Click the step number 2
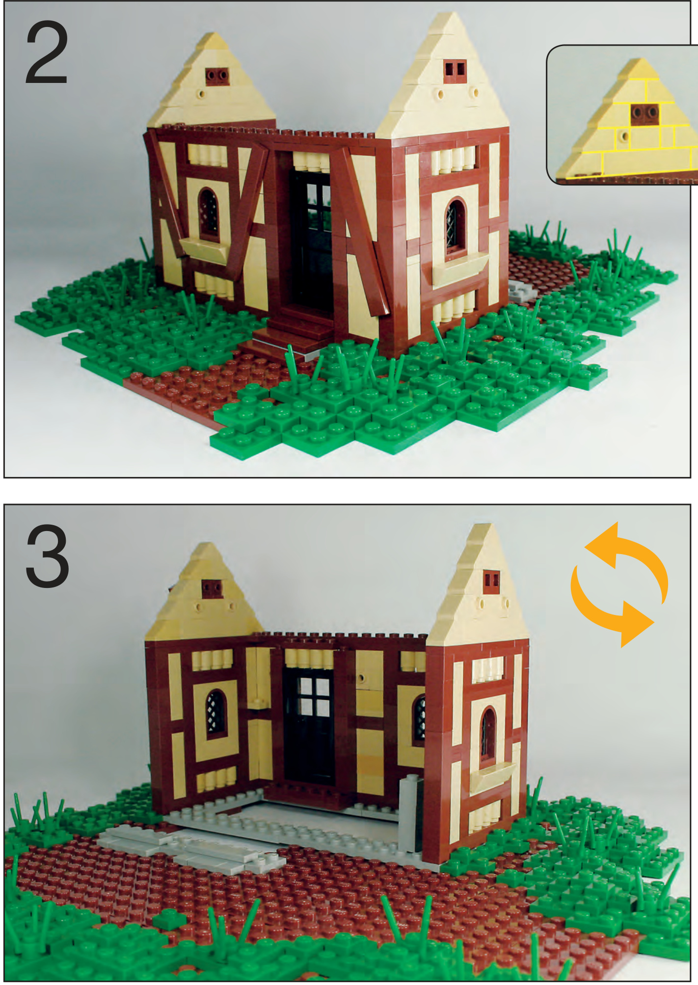[x=46, y=53]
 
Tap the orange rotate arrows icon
[x=619, y=584]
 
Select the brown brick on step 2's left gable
[x=217, y=77]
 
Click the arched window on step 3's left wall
[x=215, y=713]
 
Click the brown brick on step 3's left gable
[x=212, y=588]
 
